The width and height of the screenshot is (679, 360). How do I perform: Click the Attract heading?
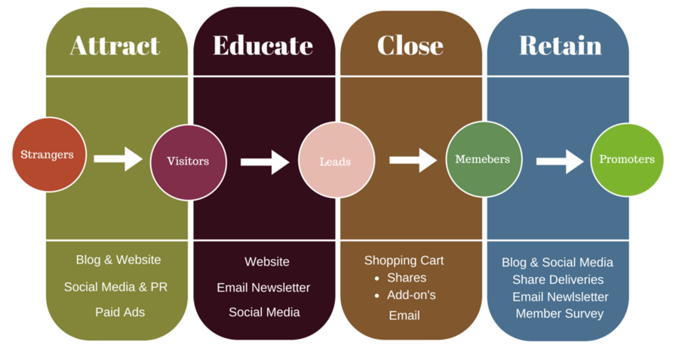point(115,45)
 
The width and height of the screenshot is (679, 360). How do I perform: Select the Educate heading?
point(263,45)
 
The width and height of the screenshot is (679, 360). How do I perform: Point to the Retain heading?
point(560,45)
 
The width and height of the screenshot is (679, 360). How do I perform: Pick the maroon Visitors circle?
point(188,162)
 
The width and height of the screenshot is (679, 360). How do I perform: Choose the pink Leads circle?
point(336,162)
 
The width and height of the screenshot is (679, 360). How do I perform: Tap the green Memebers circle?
point(483,159)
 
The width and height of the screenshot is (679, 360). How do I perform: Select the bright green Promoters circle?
point(626,159)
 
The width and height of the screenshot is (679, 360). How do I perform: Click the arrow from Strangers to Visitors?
point(118,158)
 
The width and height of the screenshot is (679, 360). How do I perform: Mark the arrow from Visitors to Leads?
point(265,162)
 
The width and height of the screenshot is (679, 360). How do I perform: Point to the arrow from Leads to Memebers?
point(413,160)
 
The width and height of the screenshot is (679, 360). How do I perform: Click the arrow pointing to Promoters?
point(560,161)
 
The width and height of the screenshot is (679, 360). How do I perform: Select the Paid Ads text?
point(120,312)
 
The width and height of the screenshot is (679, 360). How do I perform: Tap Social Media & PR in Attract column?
point(115,287)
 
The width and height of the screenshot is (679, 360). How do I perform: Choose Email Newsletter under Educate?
point(263,288)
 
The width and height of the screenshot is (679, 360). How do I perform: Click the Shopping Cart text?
point(404,260)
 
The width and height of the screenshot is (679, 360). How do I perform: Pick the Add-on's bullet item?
point(411,295)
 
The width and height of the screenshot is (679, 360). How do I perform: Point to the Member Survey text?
point(559,313)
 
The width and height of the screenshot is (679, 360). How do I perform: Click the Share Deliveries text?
point(558,279)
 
